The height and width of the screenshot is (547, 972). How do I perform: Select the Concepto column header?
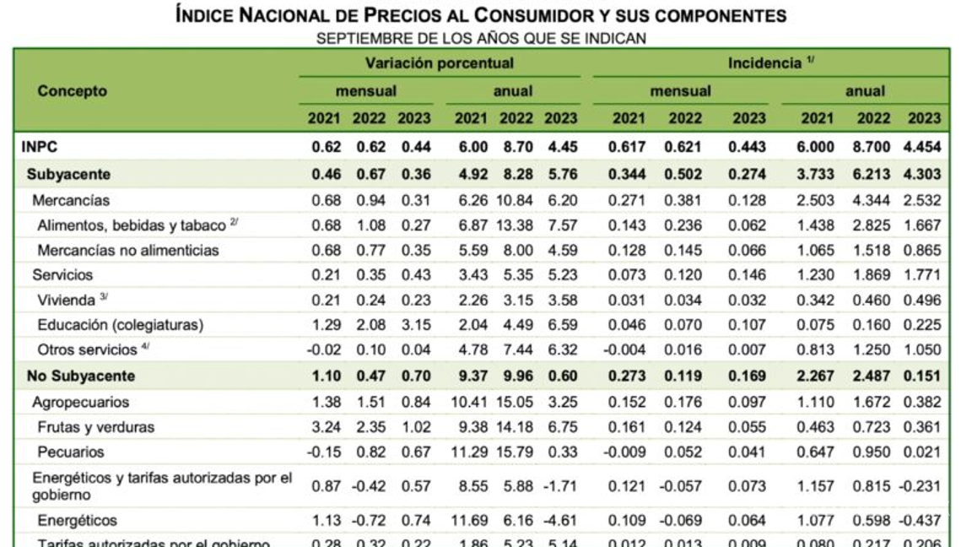pyautogui.click(x=73, y=91)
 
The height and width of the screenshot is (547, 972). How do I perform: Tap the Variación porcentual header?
pyautogui.click(x=439, y=64)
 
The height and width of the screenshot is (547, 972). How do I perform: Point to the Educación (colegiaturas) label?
pyautogui.click(x=121, y=325)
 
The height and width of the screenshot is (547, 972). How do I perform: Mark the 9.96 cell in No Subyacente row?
pyautogui.click(x=517, y=376)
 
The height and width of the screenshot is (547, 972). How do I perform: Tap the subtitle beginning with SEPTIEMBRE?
pyautogui.click(x=481, y=38)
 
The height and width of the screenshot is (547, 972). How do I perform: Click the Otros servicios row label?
pyautogui.click(x=87, y=349)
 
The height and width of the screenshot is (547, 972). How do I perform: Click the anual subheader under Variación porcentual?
pyautogui.click(x=514, y=91)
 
